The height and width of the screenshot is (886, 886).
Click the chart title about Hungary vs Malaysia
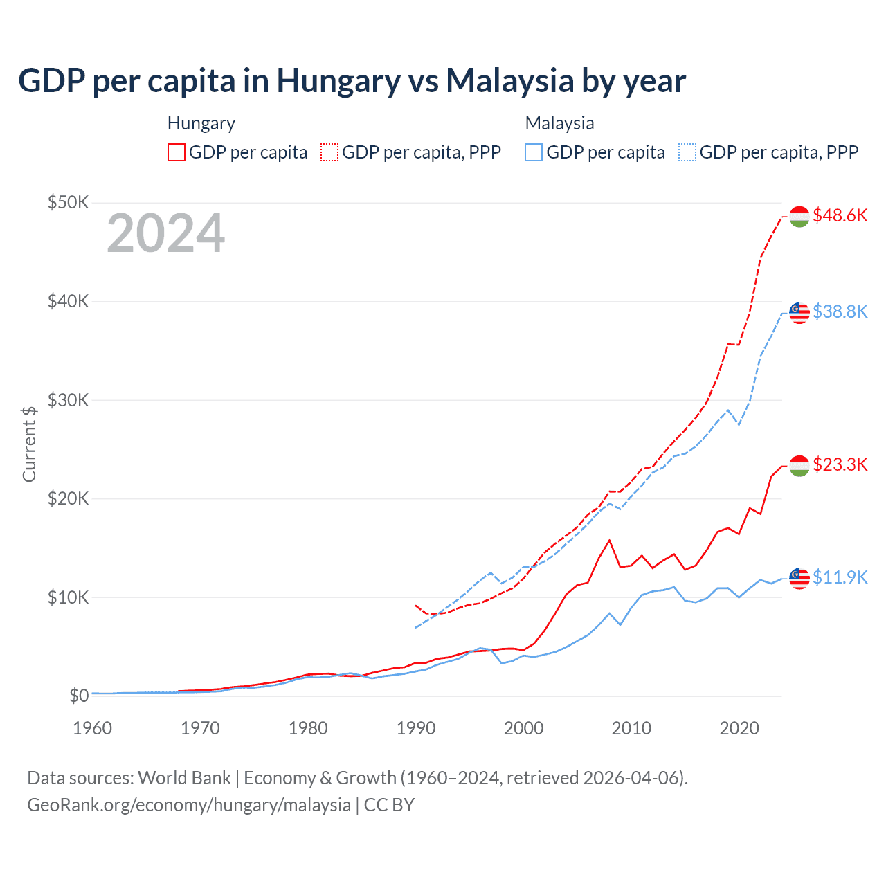coord(352,81)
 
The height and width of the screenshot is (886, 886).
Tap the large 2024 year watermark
coord(165,233)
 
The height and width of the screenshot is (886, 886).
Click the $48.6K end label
coord(840,215)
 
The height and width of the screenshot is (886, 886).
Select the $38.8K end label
coord(840,311)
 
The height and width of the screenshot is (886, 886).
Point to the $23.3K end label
coord(840,464)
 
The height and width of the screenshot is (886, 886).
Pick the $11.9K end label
coord(840,577)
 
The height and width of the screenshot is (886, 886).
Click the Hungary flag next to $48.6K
coord(799,217)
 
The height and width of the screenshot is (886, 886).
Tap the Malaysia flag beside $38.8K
coord(799,313)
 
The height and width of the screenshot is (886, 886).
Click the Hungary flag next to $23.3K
coord(799,466)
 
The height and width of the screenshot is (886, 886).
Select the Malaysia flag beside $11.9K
coord(799,578)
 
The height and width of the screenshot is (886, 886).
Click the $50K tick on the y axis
coord(68,202)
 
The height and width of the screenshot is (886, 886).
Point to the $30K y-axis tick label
coord(68,400)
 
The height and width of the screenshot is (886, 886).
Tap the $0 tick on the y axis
coord(78,696)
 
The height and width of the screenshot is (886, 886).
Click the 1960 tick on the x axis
coord(92,728)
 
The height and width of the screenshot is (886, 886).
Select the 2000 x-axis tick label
coord(523,728)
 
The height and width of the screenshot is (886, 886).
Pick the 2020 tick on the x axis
coord(739,728)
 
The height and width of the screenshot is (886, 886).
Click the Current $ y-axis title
coord(29,444)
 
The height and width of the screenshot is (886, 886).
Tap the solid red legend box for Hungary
coord(177,152)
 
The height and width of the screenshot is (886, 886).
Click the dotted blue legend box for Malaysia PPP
coord(687,152)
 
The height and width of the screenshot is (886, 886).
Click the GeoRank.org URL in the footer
coord(189,805)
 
